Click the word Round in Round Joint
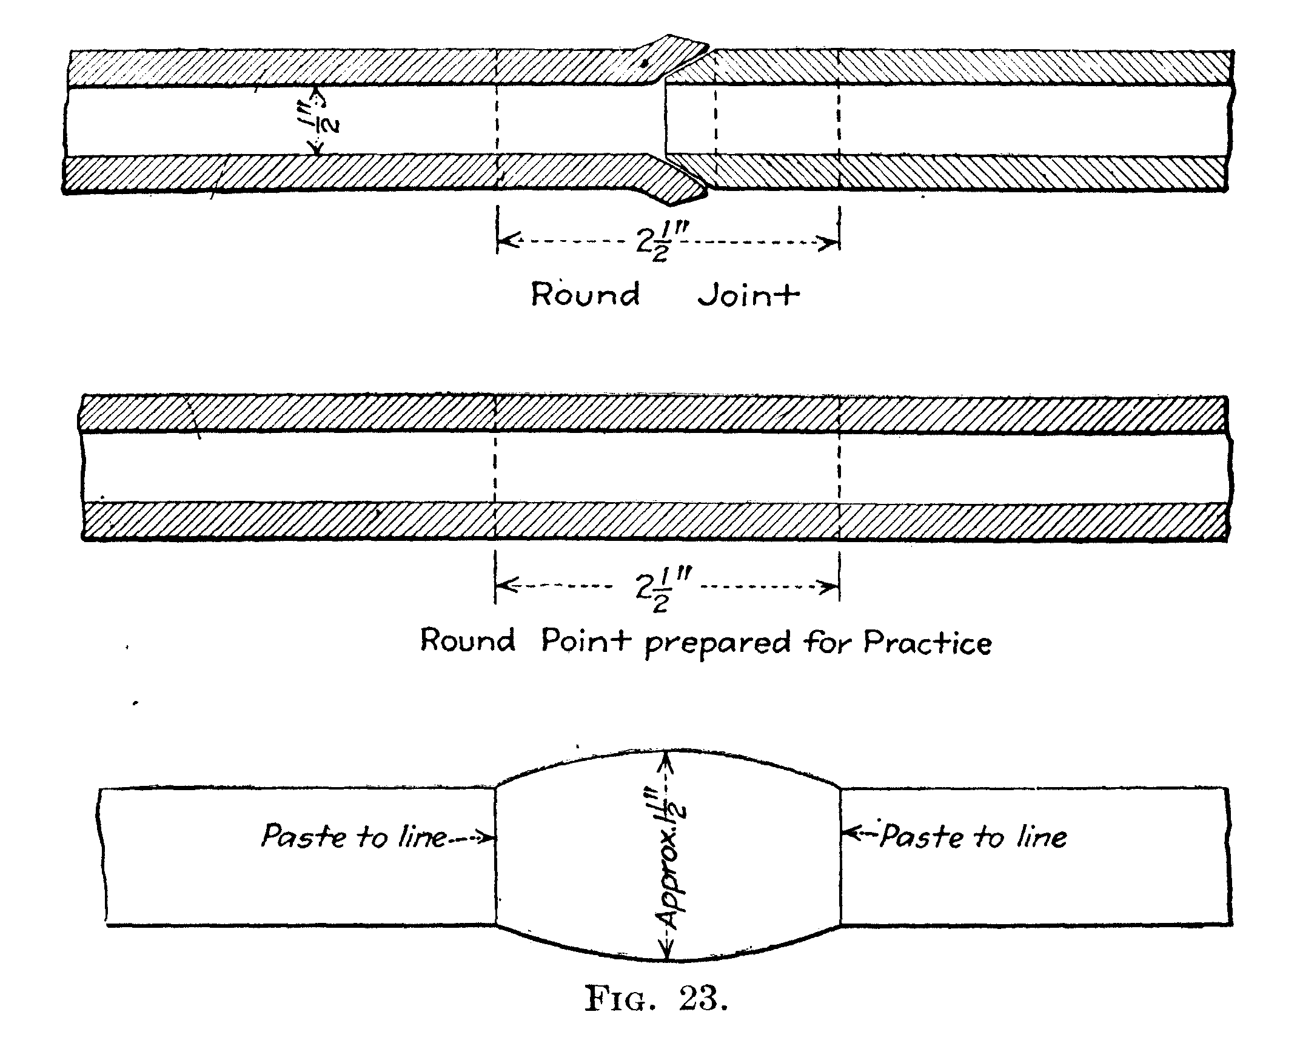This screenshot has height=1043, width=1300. [585, 295]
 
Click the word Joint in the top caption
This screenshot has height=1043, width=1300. [748, 295]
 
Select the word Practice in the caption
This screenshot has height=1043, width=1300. [928, 643]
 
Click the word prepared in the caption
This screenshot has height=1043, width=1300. [717, 644]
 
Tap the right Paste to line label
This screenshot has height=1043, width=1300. [974, 837]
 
